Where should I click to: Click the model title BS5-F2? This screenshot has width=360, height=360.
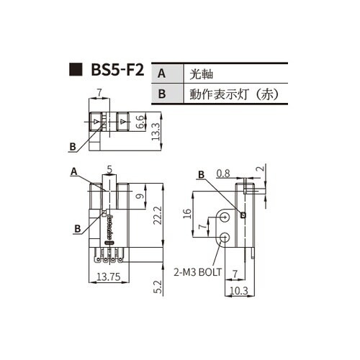(x=117, y=71)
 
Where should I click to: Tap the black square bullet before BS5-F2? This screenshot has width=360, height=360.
(x=74, y=71)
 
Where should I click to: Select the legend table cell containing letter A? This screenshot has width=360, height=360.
(x=161, y=73)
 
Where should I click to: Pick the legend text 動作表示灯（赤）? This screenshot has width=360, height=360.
(x=233, y=94)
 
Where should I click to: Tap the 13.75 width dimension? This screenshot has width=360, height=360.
(x=108, y=277)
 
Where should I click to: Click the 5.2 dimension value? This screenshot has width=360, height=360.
(x=156, y=288)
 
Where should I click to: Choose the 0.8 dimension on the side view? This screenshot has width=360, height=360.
(x=223, y=173)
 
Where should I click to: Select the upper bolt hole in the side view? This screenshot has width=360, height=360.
(x=227, y=216)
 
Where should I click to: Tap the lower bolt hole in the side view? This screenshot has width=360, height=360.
(x=226, y=238)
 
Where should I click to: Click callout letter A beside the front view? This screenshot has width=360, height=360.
(x=73, y=171)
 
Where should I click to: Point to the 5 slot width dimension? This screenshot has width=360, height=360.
(x=109, y=170)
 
